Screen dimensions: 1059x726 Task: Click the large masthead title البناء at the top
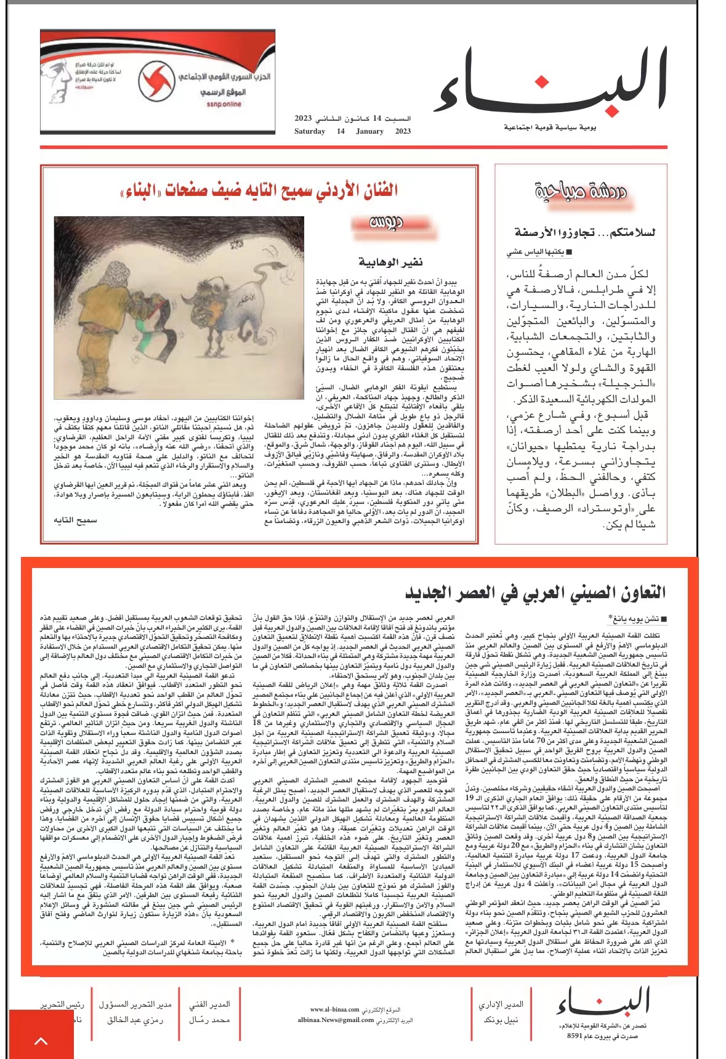point(551,83)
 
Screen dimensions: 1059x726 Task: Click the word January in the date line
point(369,131)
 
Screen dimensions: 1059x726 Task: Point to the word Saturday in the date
point(310,131)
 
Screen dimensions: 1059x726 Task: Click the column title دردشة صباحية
point(580,192)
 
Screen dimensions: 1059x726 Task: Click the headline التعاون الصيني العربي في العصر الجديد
point(535,593)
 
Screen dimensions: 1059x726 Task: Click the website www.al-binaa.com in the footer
point(334,1010)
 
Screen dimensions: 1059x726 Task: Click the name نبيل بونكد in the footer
point(501,1020)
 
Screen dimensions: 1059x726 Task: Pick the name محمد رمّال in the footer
point(209,1020)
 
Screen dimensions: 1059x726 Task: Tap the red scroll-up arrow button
point(41,1041)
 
